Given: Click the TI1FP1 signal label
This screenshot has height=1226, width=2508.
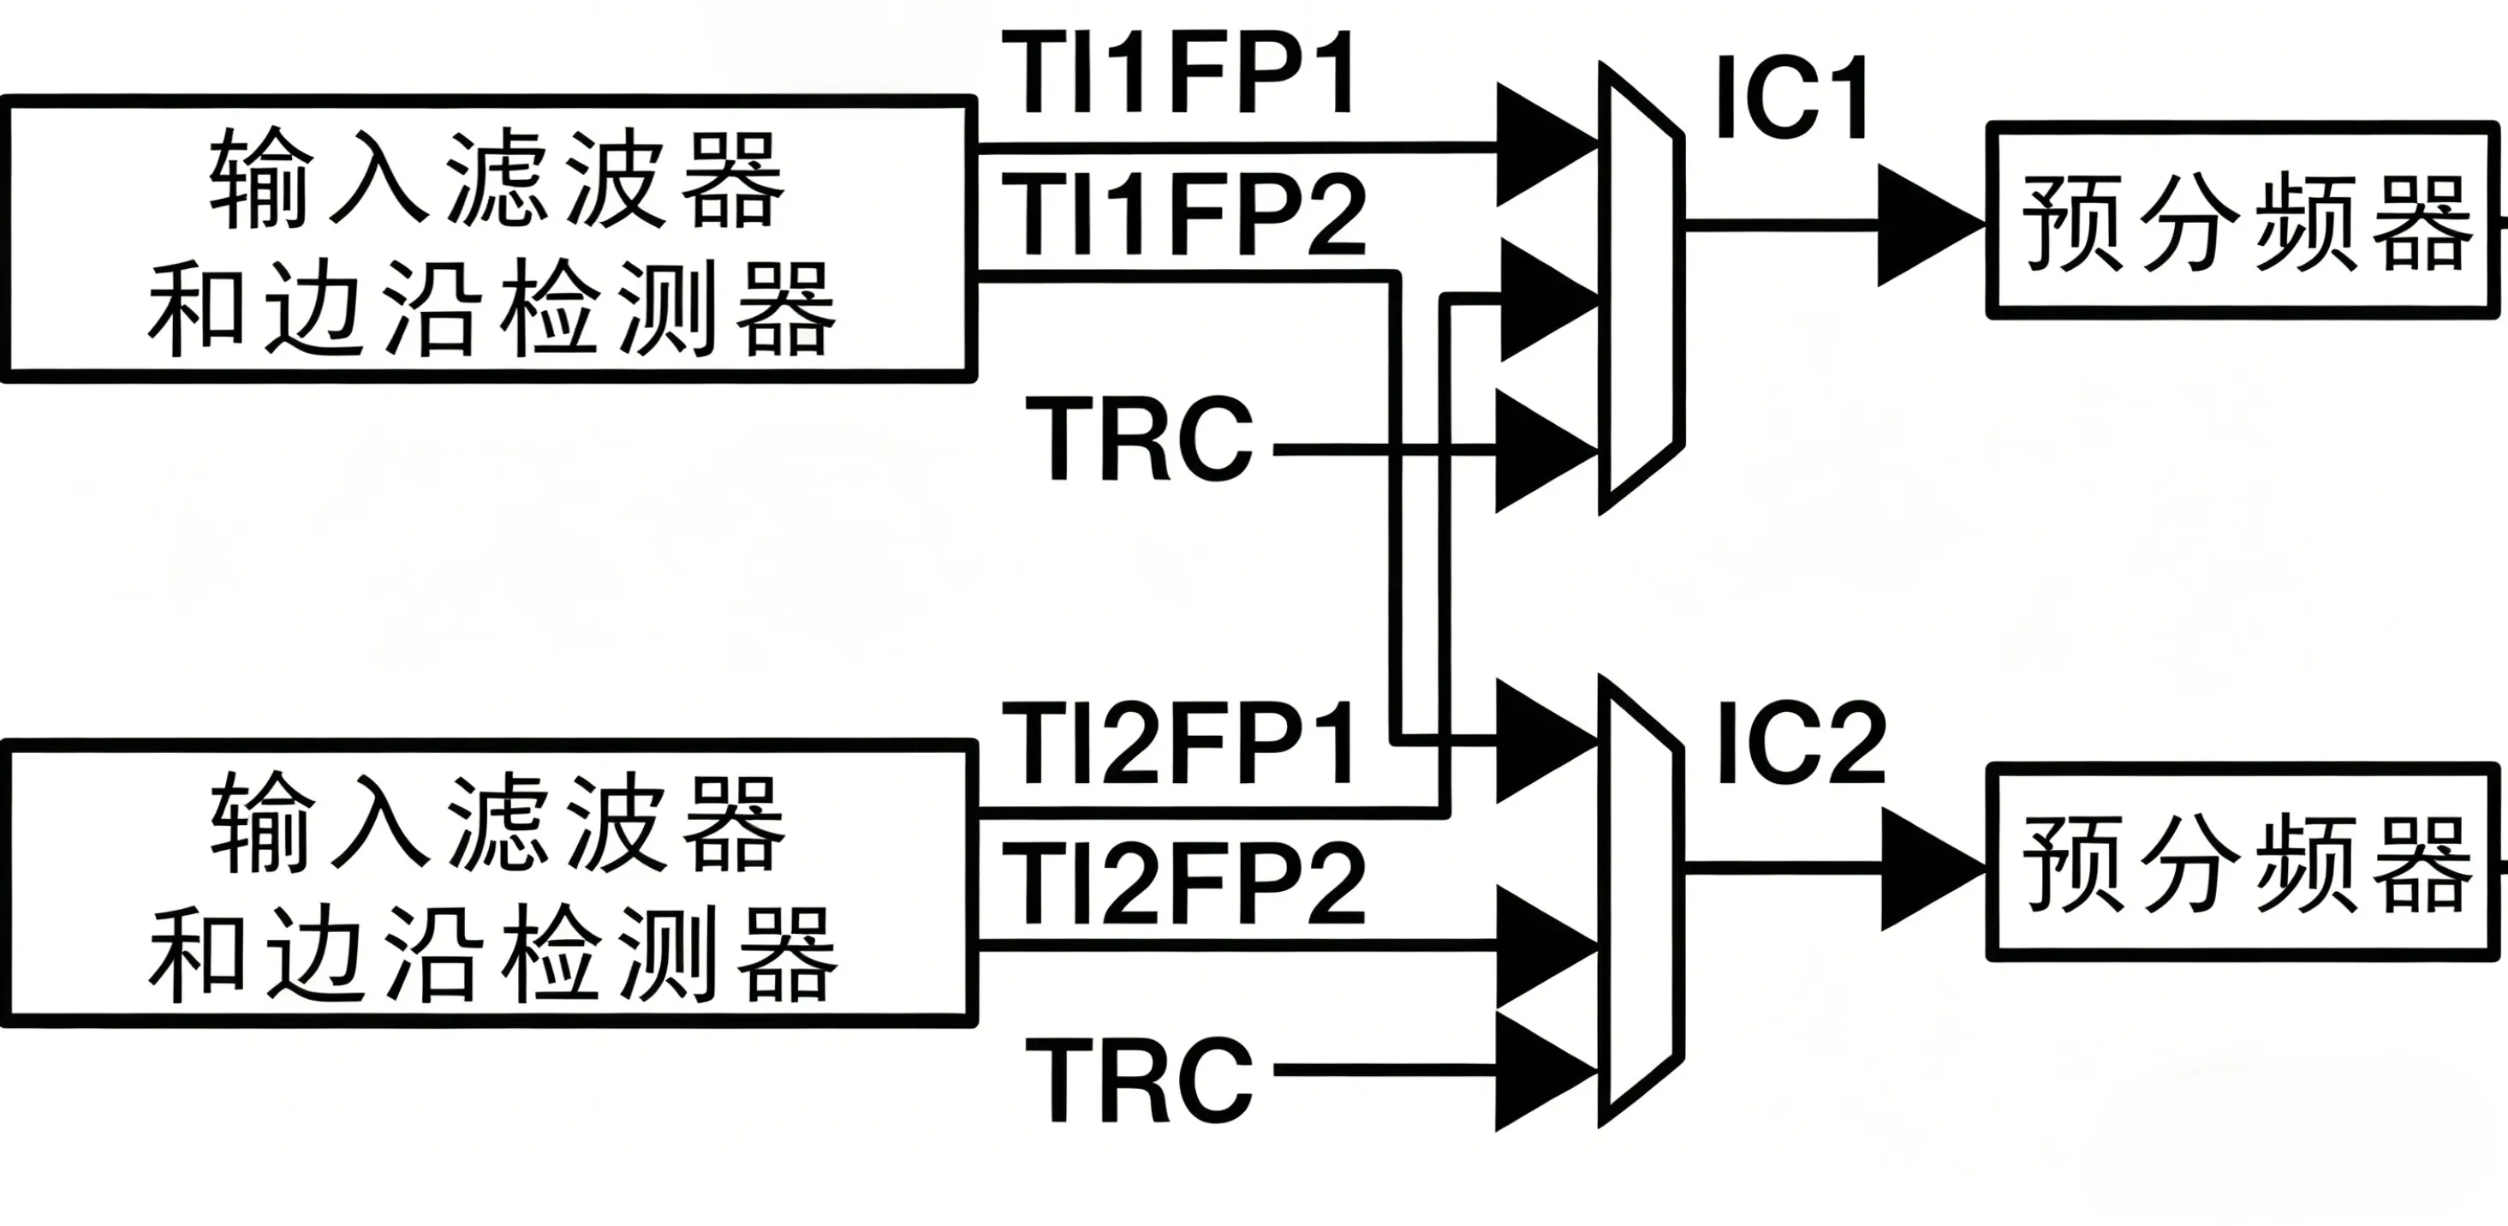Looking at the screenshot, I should pyautogui.click(x=1178, y=73).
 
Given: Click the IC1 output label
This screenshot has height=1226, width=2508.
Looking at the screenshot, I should pyautogui.click(x=1791, y=98).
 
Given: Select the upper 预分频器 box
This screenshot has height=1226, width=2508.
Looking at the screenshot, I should pyautogui.click(x=2244, y=221).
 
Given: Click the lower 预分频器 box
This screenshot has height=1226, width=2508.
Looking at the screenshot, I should pyautogui.click(x=2244, y=863).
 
